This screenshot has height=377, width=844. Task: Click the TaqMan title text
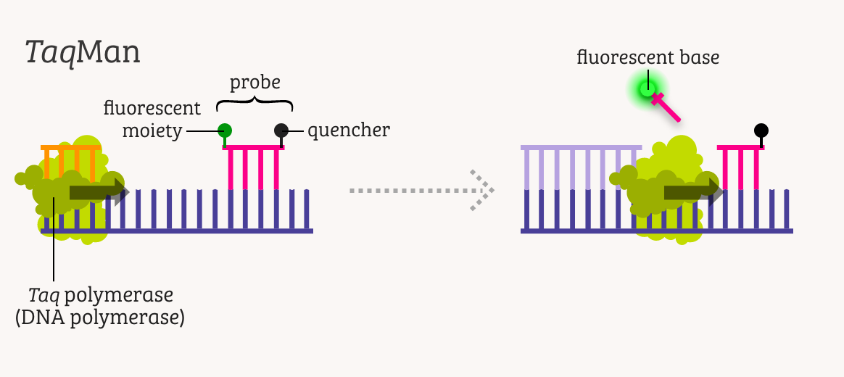tap(82, 53)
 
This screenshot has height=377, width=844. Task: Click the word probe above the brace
tap(255, 83)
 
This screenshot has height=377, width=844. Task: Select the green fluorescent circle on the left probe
tap(225, 130)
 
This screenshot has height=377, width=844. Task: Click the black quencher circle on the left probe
tap(281, 130)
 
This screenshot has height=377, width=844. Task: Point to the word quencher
tap(349, 130)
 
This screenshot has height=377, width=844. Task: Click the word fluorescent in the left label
tap(152, 109)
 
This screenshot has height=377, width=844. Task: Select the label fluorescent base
tap(648, 57)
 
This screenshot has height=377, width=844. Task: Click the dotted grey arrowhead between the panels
tap(481, 190)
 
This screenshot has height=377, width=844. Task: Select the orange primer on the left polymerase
tap(70, 161)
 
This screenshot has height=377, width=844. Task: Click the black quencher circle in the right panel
tap(761, 130)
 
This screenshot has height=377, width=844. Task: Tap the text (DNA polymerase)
tap(99, 318)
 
